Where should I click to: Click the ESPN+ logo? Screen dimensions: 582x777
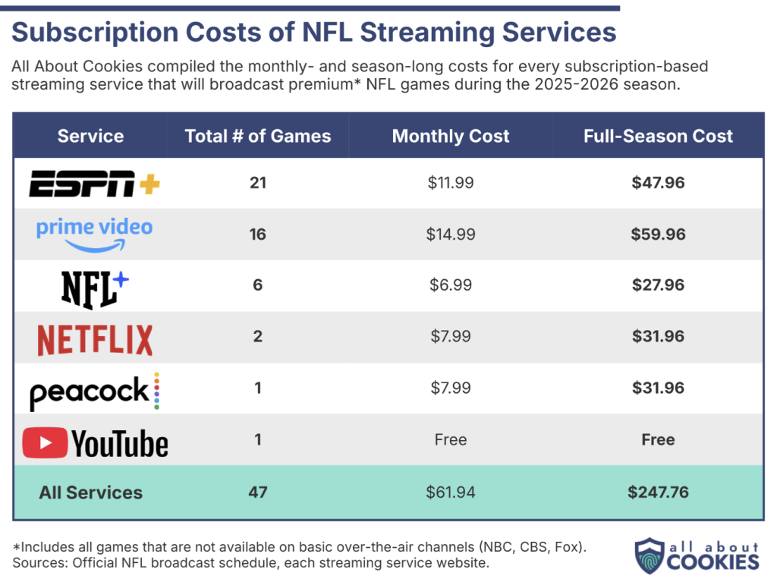coord(94,183)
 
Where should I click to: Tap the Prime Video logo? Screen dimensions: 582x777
coord(94,234)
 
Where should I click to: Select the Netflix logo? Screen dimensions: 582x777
coord(95,339)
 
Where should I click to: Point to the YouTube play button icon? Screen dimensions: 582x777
coord(46,442)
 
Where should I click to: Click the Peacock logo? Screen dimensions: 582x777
coord(94,392)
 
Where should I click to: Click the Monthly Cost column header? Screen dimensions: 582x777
coord(451,137)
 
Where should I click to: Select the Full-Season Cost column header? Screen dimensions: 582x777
coord(658,137)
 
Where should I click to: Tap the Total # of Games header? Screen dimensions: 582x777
coord(258,137)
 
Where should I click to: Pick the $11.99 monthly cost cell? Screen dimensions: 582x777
coord(451,183)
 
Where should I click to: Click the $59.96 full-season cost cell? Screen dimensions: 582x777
coord(658,234)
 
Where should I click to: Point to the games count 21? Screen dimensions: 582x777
coord(258,183)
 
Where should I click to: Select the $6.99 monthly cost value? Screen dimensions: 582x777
coord(451,285)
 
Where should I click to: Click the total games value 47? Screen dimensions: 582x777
coord(258,492)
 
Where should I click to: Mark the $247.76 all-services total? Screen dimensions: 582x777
coord(658,492)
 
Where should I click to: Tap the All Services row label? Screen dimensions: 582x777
coord(91,492)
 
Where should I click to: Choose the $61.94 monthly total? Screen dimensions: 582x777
coord(451,492)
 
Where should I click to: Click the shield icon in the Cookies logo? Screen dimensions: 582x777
coord(649,556)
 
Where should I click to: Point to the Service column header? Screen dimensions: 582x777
coord(90,137)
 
